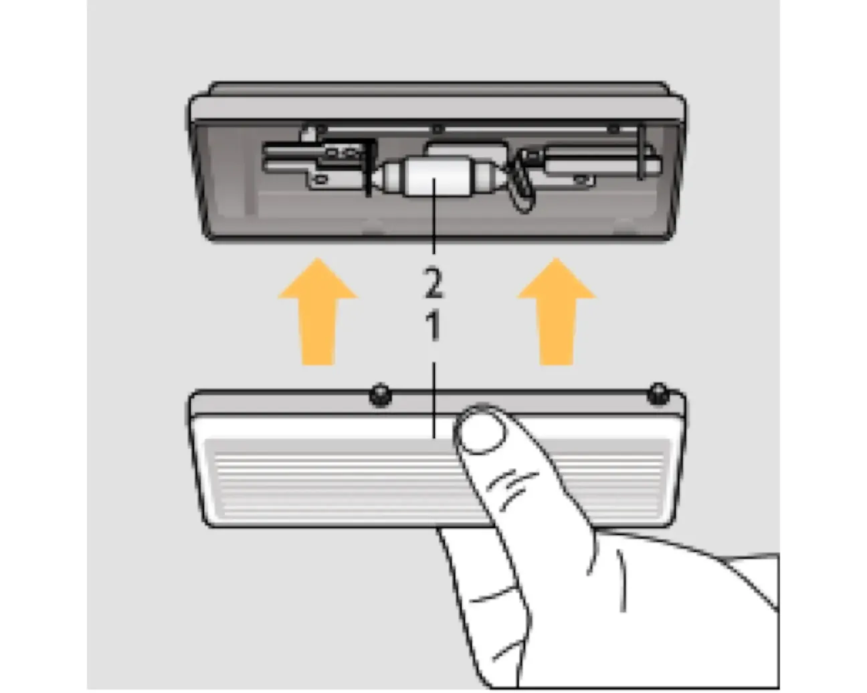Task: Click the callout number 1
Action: pyautogui.click(x=433, y=326)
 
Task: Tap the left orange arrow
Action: pyautogui.click(x=318, y=312)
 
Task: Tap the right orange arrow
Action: pyautogui.click(x=557, y=312)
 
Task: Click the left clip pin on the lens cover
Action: pyautogui.click(x=381, y=395)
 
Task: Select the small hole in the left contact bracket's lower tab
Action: pyautogui.click(x=321, y=179)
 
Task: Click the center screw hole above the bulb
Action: pyautogui.click(x=438, y=129)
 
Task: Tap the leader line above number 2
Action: pyautogui.click(x=433, y=217)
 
